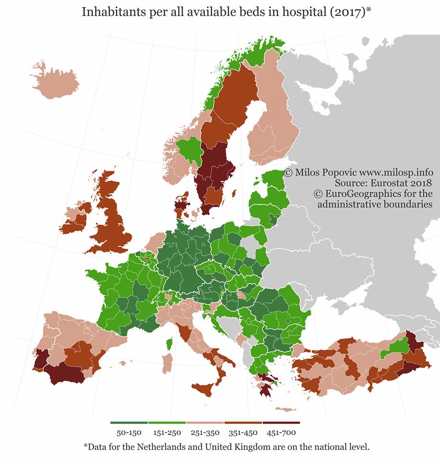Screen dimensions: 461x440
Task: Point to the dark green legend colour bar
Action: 129,423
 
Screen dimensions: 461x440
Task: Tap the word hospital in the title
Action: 304,12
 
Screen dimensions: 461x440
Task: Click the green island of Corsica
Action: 170,343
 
